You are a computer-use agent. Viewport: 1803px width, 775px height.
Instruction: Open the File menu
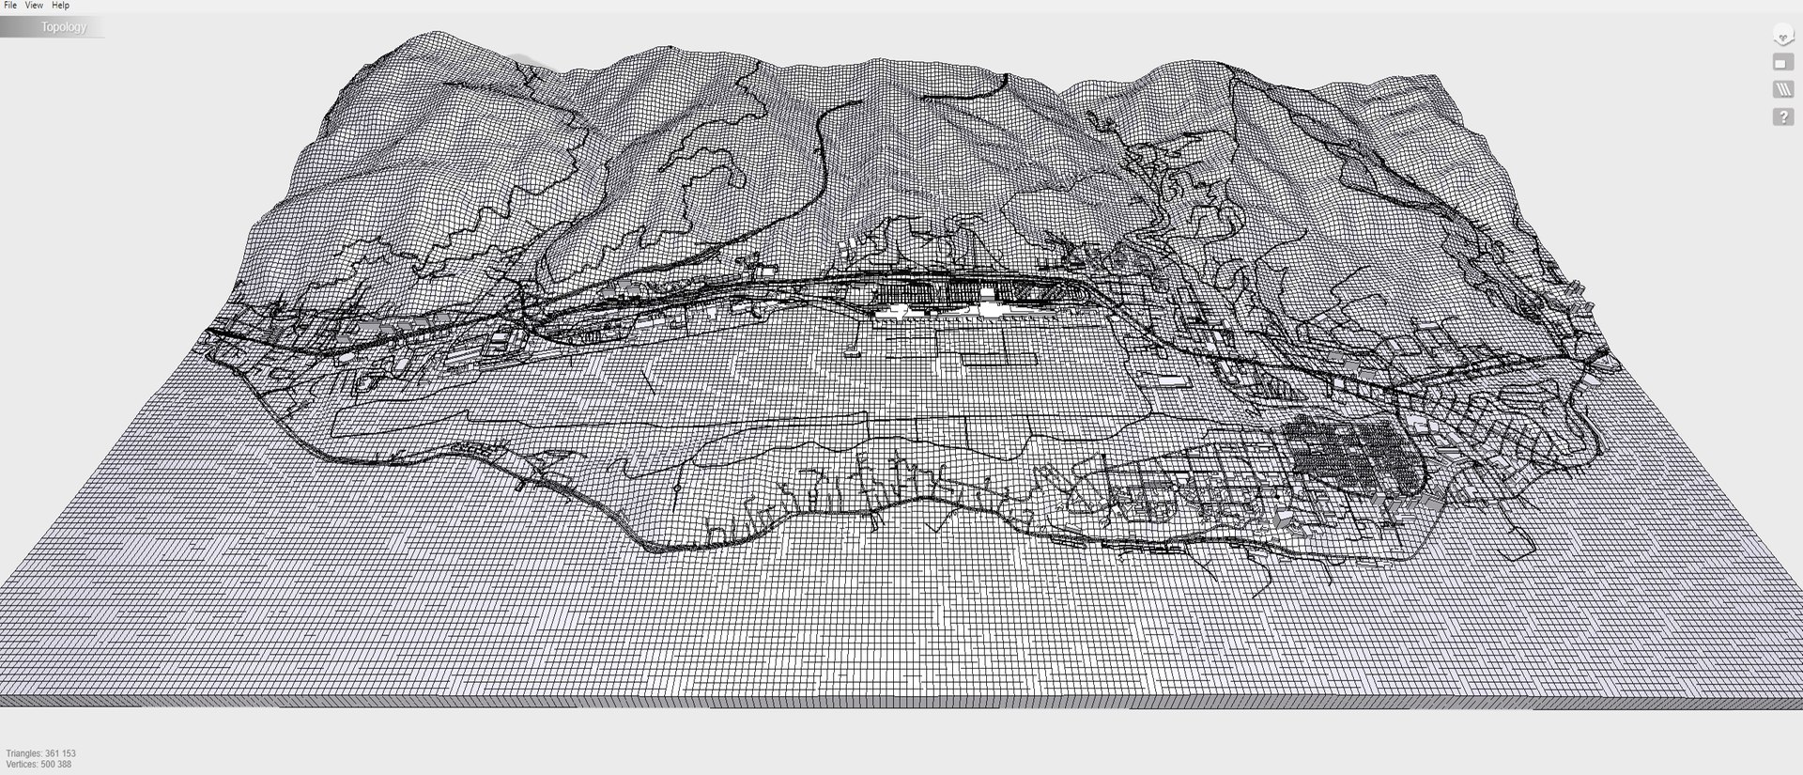point(10,6)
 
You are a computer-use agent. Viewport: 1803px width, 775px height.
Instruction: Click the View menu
point(34,6)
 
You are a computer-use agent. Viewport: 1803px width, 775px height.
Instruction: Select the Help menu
point(60,6)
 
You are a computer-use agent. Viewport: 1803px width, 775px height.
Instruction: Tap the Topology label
point(63,27)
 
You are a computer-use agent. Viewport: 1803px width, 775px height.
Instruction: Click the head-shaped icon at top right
point(1782,36)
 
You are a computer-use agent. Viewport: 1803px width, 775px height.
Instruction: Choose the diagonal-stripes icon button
point(1782,89)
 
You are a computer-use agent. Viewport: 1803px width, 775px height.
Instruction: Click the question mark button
point(1782,117)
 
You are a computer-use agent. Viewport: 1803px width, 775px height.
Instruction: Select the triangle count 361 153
point(61,753)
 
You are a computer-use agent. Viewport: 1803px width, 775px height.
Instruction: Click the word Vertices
point(22,765)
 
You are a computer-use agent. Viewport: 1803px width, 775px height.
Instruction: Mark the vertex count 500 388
point(55,765)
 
